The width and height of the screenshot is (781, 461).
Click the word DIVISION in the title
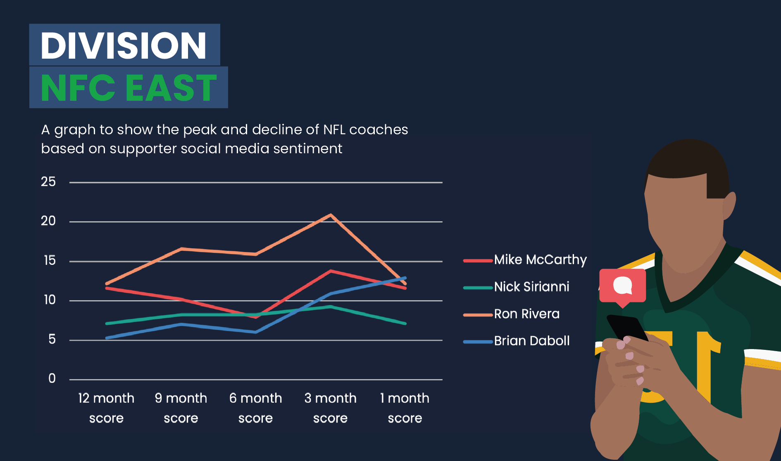click(x=123, y=45)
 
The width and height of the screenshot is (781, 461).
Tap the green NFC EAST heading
click(x=129, y=88)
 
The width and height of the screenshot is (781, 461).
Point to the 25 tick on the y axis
click(x=48, y=182)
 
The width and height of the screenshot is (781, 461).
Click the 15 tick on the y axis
click(x=50, y=260)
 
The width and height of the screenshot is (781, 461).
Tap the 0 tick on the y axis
click(x=52, y=378)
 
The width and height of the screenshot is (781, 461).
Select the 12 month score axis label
click(x=106, y=408)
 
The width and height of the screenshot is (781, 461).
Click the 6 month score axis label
click(x=256, y=408)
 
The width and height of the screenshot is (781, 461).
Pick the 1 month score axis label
click(x=405, y=408)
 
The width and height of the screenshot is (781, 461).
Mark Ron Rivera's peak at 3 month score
click(x=331, y=215)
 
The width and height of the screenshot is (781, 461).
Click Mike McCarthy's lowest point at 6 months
click(x=256, y=317)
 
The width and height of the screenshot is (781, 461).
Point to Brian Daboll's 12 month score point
click(x=107, y=338)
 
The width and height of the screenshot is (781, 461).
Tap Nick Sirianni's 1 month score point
click(x=405, y=323)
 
